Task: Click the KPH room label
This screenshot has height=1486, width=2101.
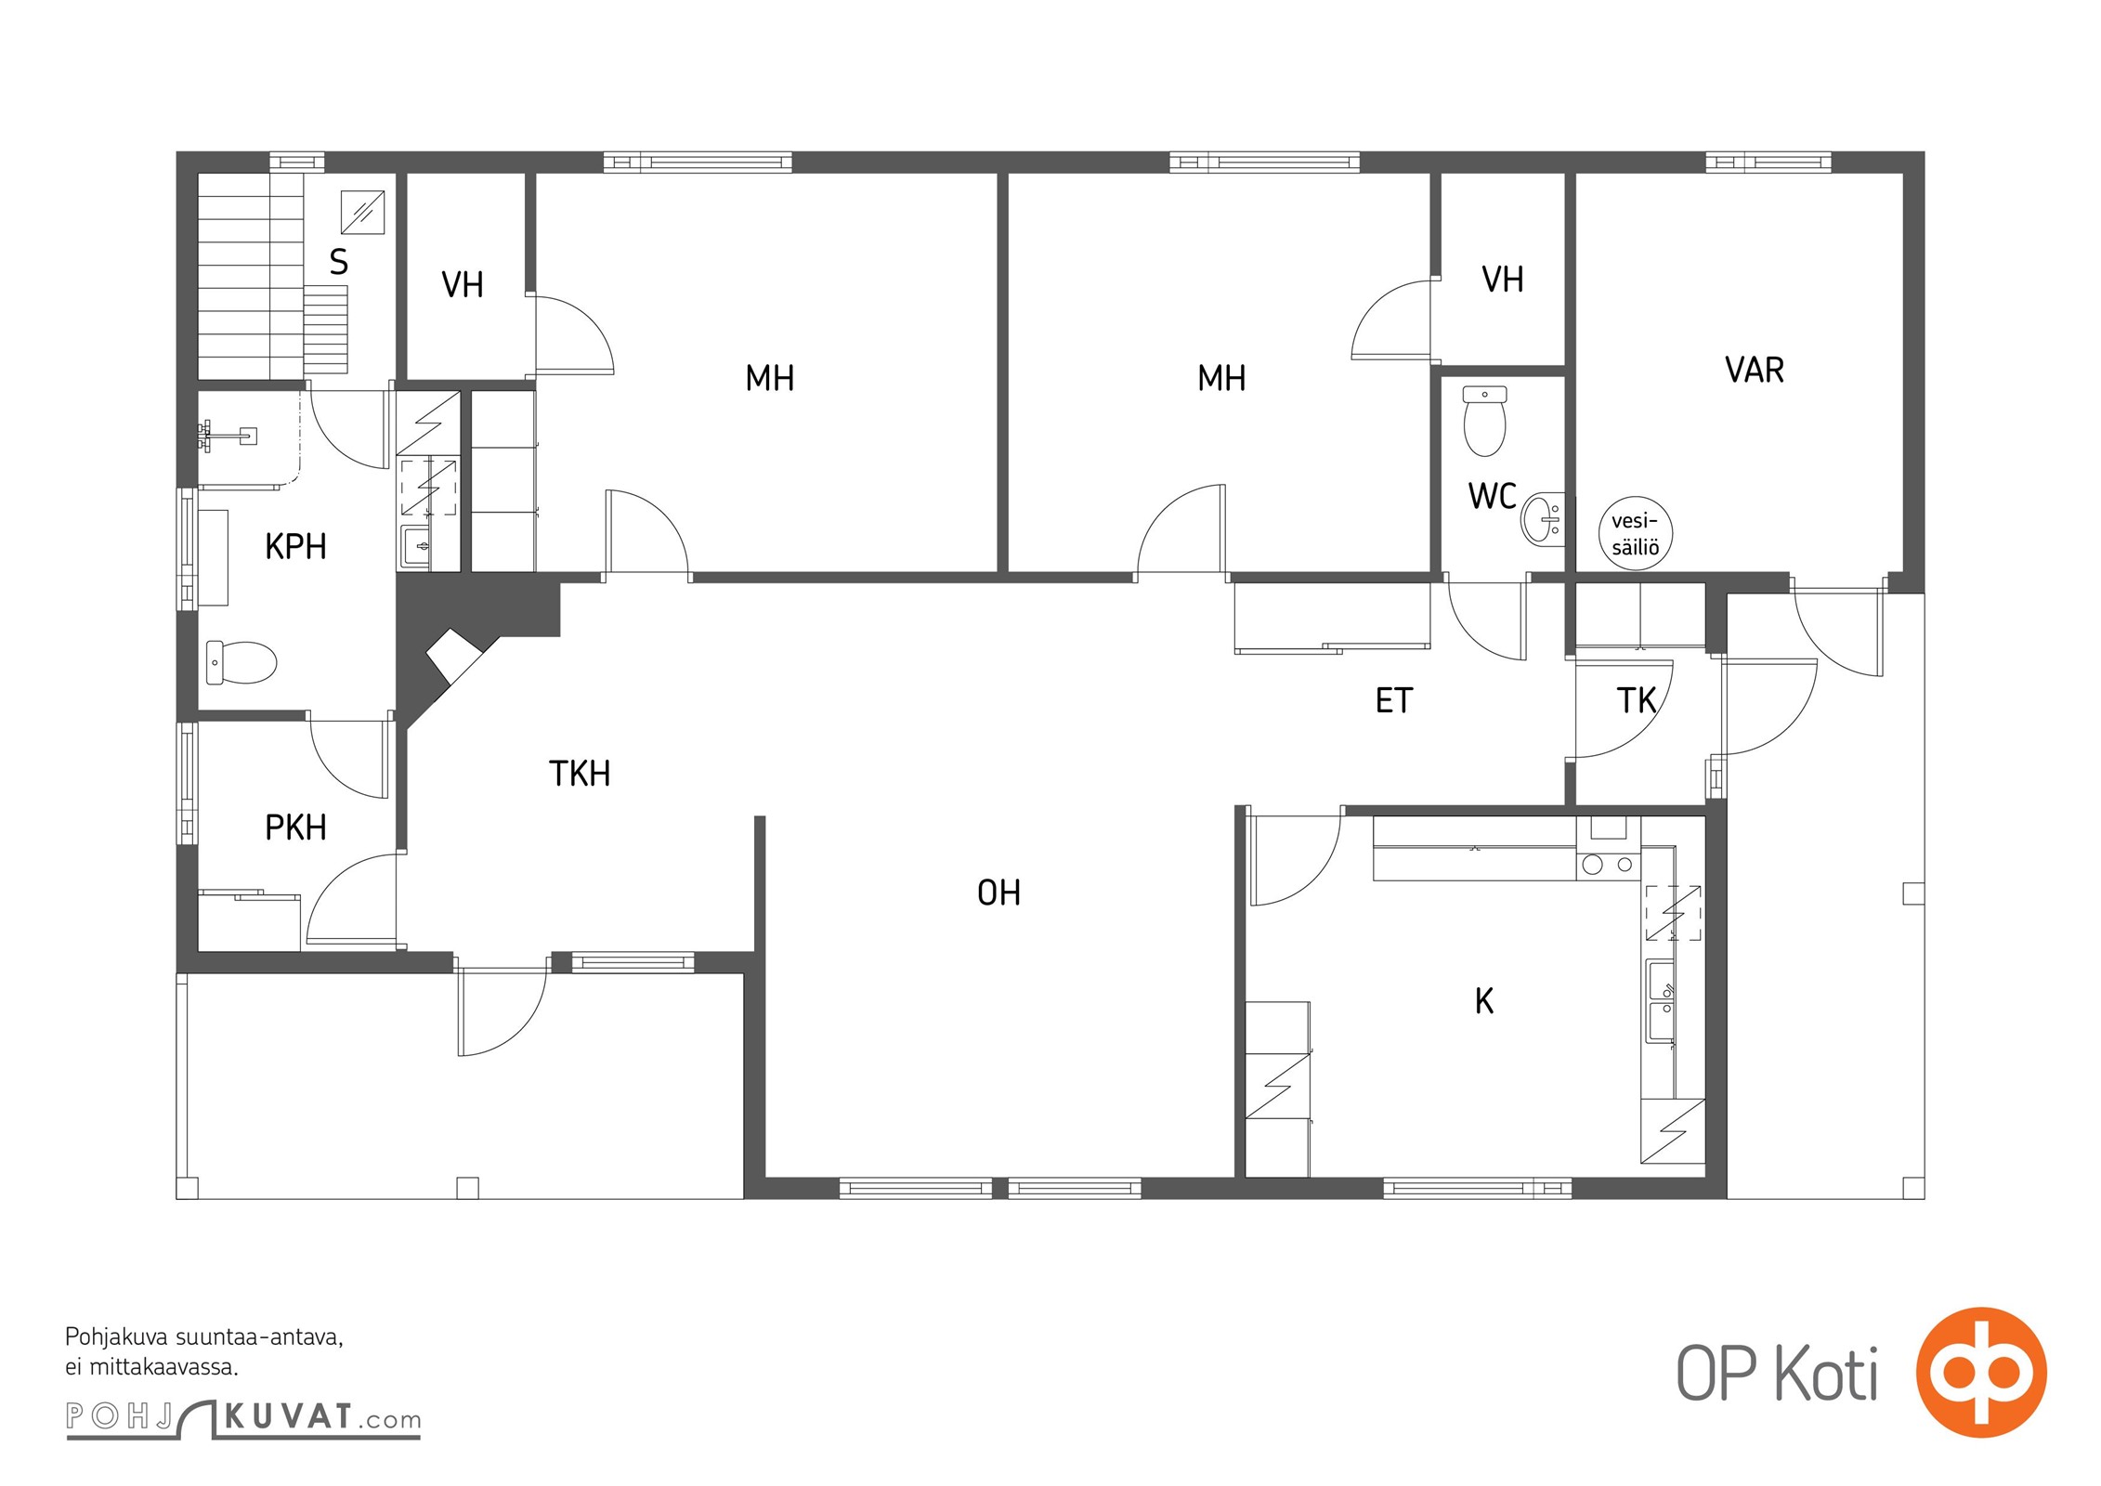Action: [x=295, y=547]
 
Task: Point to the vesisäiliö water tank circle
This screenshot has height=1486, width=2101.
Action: [x=1635, y=534]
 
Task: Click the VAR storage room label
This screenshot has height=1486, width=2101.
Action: [x=1755, y=370]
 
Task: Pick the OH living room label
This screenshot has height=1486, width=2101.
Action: [x=998, y=893]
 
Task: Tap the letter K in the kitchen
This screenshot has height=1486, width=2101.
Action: [x=1484, y=1001]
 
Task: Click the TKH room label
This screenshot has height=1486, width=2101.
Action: [x=580, y=774]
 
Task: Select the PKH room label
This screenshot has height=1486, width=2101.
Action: [x=295, y=828]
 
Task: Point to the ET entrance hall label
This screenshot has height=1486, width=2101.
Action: [x=1394, y=701]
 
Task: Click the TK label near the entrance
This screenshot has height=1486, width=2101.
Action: [x=1637, y=701]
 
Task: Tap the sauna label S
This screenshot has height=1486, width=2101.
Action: [x=339, y=263]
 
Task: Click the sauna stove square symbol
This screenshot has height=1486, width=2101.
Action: [x=362, y=212]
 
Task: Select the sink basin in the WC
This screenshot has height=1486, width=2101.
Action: [x=1542, y=518]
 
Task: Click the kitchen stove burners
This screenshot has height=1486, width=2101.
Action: [x=1608, y=865]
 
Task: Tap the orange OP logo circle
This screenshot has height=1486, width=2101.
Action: [x=1981, y=1372]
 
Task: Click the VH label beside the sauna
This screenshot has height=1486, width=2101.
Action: [x=463, y=285]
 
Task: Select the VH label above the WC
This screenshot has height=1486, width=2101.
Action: [x=1503, y=280]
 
